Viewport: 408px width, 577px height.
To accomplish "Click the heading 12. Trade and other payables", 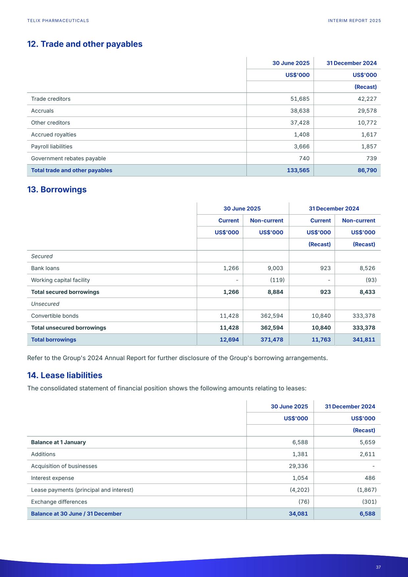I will click(85, 44).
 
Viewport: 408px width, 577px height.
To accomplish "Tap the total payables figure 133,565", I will click(298, 170).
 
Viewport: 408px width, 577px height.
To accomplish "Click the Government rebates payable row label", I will click(68, 158).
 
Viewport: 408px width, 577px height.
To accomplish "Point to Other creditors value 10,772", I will click(367, 123).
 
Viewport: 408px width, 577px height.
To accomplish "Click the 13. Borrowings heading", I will click(57, 190).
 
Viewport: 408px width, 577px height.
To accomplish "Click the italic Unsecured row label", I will click(45, 304).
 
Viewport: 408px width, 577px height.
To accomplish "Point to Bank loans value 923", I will click(325, 268).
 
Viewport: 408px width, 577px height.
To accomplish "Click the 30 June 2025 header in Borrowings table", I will click(242, 209).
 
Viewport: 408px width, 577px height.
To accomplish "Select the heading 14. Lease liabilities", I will click(64, 375).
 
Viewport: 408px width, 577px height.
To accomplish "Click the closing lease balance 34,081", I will click(298, 514).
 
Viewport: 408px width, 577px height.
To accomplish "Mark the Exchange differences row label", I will click(59, 502).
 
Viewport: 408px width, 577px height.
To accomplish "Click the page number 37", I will click(378, 567).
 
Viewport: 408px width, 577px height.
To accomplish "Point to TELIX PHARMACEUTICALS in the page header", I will click(58, 21).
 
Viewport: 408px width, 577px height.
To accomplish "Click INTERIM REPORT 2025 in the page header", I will click(354, 21).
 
